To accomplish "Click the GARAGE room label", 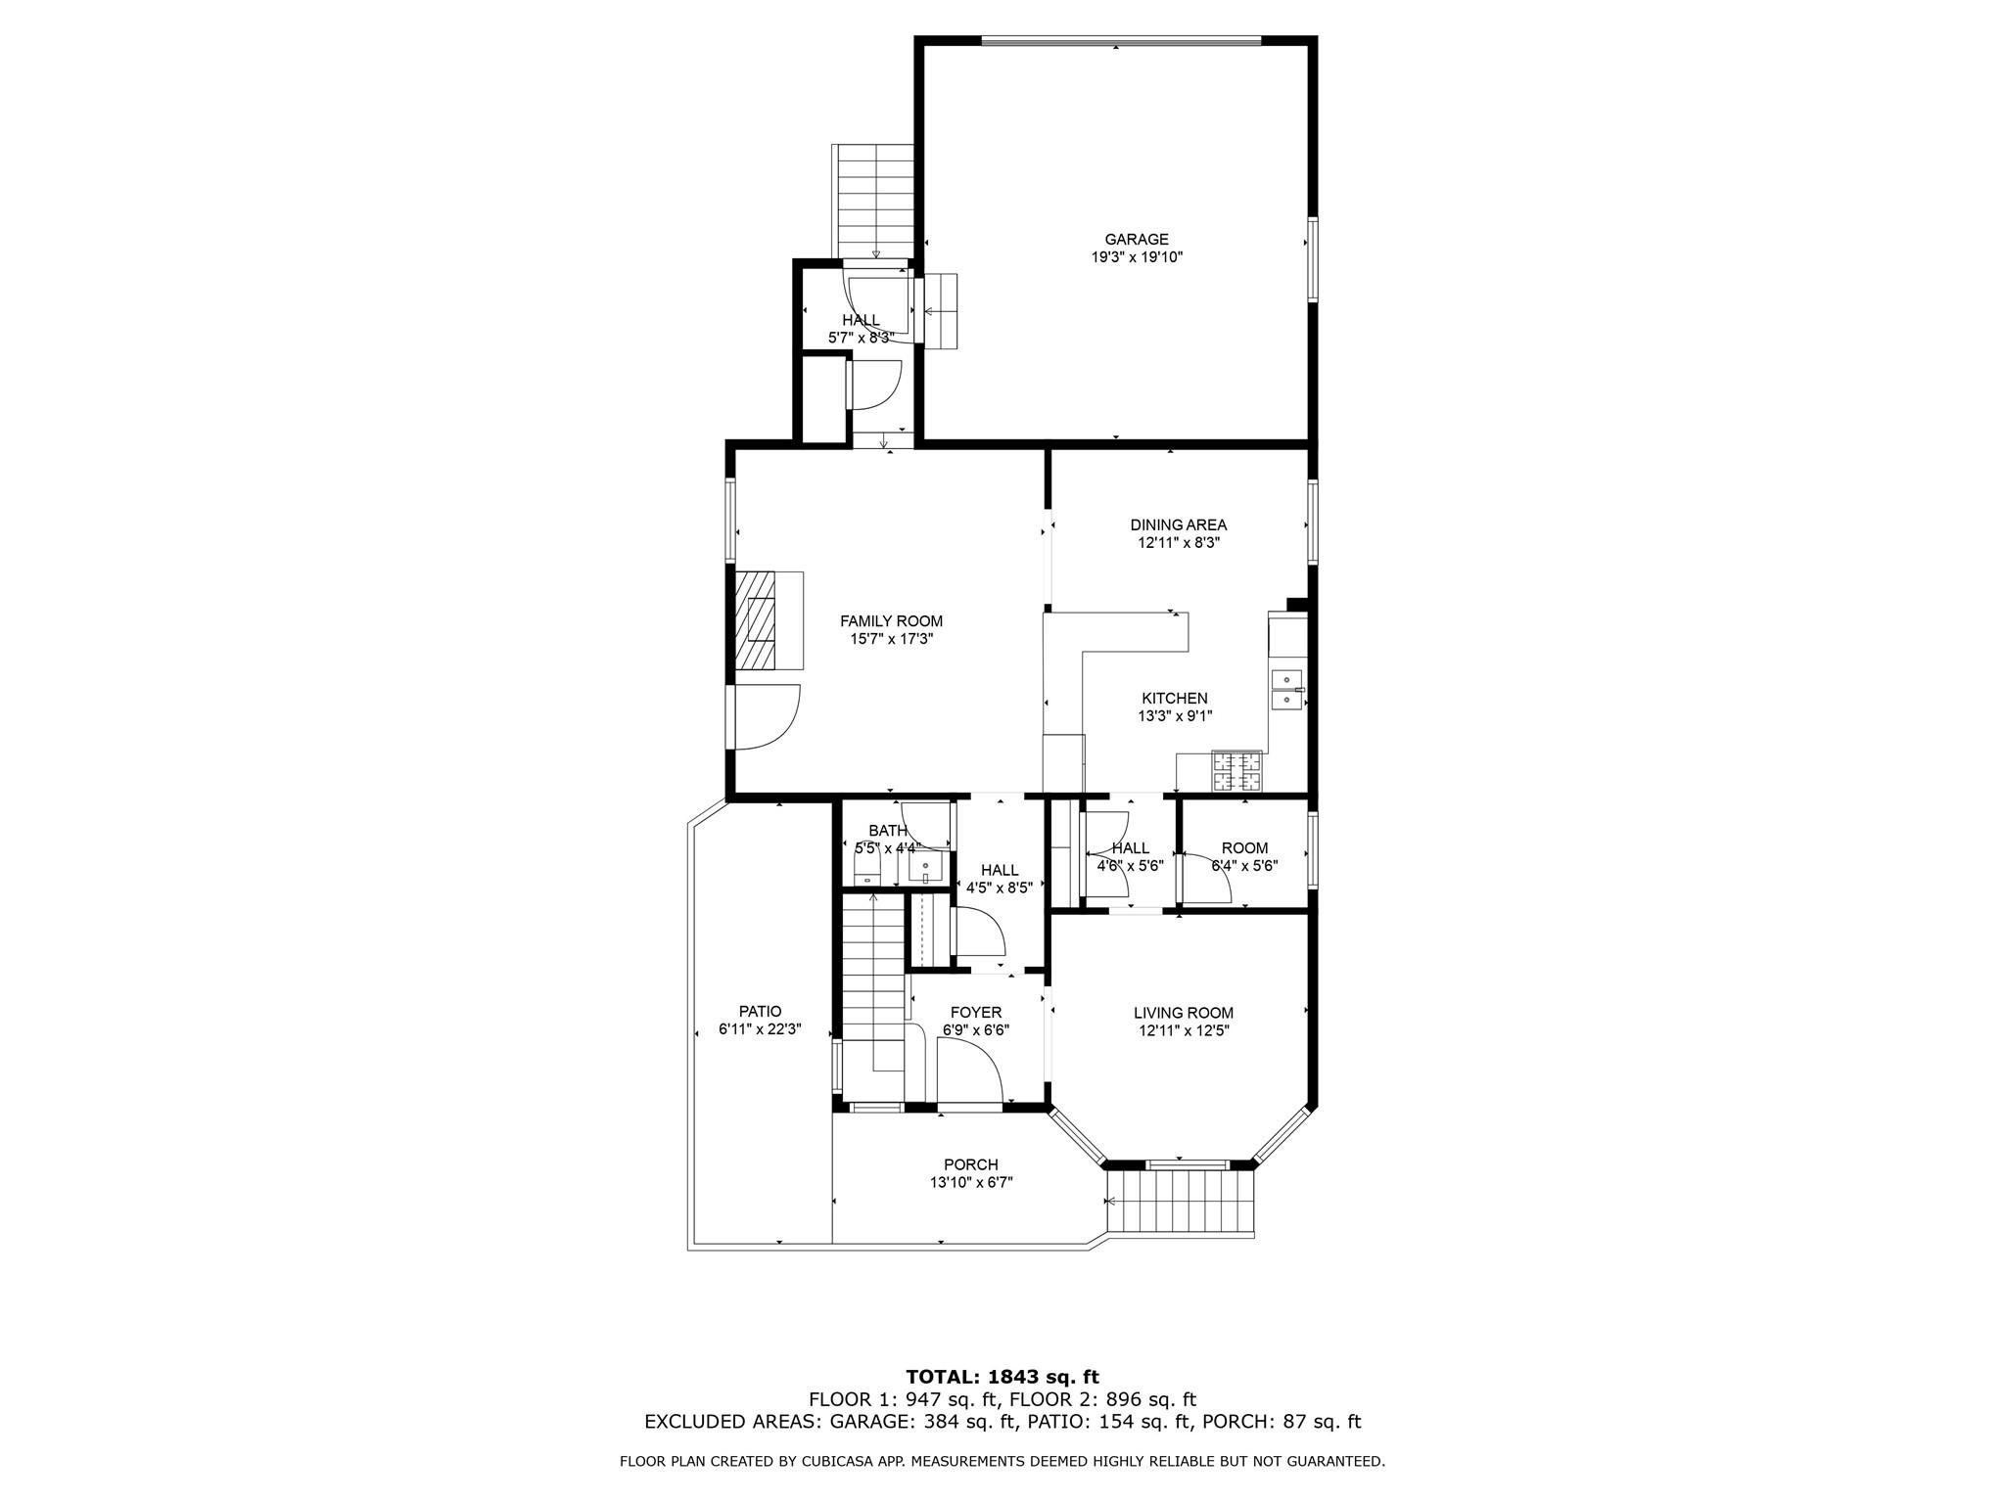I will point(1136,240).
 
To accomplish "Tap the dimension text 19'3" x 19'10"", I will point(1137,258).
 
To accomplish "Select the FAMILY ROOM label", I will point(891,621).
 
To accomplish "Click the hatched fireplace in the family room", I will point(756,620).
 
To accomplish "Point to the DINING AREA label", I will point(1178,525).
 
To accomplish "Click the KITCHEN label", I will point(1174,699).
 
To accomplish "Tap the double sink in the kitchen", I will point(1286,690).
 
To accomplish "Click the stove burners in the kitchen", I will point(1237,771).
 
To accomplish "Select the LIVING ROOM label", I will point(1183,1014).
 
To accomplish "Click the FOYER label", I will point(975,1013).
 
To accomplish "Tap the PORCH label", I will point(970,1165).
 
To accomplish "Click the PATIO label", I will point(760,1012).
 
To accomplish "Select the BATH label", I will point(887,832).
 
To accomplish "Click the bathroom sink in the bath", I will point(925,867).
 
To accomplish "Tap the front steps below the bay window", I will point(1181,1204).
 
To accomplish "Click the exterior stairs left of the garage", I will point(873,201).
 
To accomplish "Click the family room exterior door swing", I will point(766,716).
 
